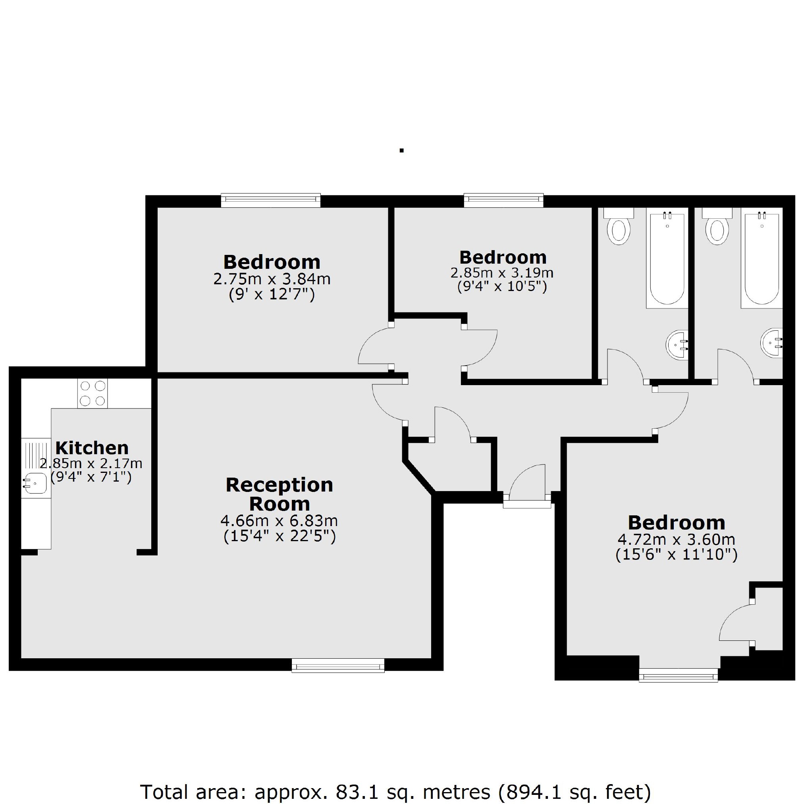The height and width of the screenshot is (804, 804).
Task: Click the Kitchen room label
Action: coord(92,448)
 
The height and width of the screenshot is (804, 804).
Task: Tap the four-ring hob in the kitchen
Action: coord(93,393)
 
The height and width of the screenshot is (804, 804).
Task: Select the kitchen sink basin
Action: coord(36,484)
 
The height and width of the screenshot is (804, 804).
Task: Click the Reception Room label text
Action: coord(279,494)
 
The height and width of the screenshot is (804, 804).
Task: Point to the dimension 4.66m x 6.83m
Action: coord(278,521)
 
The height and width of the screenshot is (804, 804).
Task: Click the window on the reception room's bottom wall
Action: coord(338,665)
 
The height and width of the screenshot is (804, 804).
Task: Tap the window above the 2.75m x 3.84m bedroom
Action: coord(270,201)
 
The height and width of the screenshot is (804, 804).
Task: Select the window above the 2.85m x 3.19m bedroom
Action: coord(503,201)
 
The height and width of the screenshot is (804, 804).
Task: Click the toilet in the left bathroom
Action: coord(619,231)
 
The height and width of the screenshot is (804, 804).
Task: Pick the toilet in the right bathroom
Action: coord(717,231)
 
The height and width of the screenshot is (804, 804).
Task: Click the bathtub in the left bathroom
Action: coord(667,260)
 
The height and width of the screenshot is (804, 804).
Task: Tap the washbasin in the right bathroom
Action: coord(772,343)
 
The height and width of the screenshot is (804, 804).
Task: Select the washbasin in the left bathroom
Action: coord(677,345)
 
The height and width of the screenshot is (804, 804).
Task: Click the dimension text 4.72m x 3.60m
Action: coord(676,540)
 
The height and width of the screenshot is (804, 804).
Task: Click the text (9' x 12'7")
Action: coord(272,295)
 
